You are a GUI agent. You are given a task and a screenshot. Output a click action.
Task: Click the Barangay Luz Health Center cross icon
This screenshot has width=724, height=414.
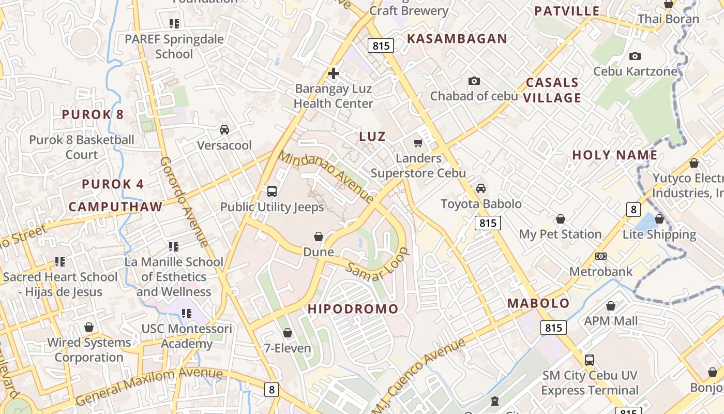coord(334,73)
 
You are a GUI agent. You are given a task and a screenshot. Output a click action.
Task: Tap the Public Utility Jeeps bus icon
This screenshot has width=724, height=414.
coord(272,191)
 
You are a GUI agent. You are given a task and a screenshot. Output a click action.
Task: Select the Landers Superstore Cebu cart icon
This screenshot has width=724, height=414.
coord(418,143)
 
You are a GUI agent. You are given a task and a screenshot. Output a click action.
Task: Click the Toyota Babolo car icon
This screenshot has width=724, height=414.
coord(481,188)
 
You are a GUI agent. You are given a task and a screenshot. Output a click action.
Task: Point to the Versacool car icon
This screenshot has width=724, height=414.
coord(224,129)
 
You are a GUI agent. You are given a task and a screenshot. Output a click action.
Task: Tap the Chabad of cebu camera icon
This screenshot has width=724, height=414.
coord(474,81)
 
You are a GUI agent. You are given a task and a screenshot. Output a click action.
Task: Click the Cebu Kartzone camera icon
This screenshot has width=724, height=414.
coord(635,56)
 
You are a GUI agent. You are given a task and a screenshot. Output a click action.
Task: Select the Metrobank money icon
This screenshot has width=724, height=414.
coord(600,256)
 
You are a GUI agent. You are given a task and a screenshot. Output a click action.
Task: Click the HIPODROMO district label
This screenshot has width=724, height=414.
coord(353,309)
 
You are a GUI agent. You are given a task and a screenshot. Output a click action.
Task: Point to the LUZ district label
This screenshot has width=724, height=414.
coord(372,137)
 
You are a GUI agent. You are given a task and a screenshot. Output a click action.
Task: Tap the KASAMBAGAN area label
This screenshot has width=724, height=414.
coord(457,39)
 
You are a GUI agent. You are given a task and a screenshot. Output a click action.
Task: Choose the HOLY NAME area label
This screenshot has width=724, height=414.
coord(614,155)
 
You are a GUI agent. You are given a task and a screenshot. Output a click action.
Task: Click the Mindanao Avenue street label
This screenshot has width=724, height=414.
coord(326,176)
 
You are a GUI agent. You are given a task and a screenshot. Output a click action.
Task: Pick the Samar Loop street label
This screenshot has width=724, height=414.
coord(378,264)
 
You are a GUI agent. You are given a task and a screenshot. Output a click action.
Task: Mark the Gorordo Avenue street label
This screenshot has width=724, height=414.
coord(184,202)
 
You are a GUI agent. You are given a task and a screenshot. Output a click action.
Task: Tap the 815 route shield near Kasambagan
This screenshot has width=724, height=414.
coord(381,46)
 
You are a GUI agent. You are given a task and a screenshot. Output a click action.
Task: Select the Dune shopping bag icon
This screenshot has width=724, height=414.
coord(319,236)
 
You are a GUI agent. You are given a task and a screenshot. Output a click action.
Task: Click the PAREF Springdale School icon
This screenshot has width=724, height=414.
coord(174,23)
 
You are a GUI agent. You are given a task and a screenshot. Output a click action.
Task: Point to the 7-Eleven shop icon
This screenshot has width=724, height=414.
coord(288,333)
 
